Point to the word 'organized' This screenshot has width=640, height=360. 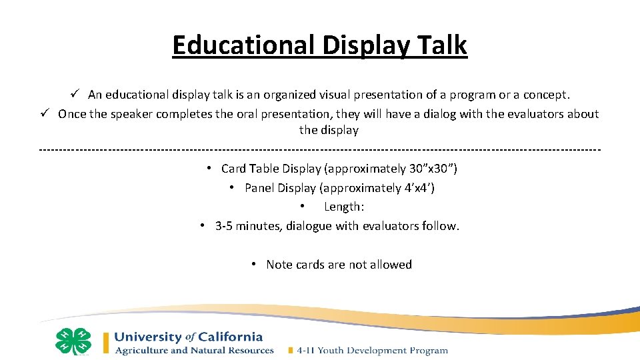(288, 95)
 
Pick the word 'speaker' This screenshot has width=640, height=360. (132, 114)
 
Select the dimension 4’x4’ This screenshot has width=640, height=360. (419, 188)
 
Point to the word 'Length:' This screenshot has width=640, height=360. (344, 207)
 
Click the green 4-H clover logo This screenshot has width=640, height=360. (73, 341)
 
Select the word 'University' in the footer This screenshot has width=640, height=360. (148, 337)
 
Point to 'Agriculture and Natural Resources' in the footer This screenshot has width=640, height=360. (194, 350)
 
